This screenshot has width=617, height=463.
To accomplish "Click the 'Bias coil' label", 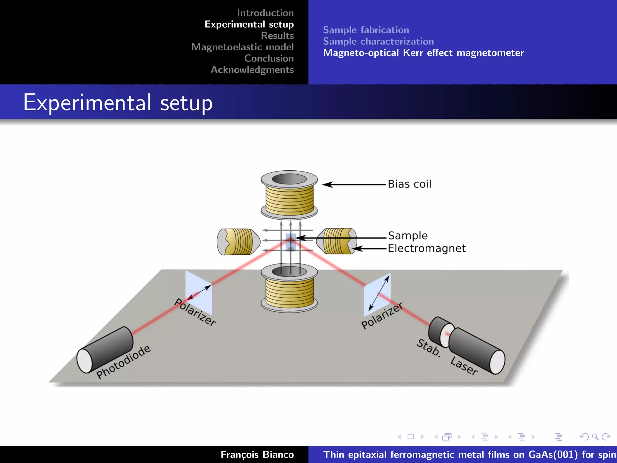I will pos(409,184).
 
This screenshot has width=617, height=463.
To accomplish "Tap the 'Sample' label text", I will pos(408,235).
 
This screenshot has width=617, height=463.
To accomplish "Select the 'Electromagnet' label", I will pos(426,248).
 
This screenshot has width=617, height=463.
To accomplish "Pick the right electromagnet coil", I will pos(337,241).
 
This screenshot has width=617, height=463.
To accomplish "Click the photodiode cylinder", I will pos(105,350).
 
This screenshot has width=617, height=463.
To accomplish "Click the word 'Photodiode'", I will pos(124,362).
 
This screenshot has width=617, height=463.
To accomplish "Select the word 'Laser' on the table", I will pos(464,366).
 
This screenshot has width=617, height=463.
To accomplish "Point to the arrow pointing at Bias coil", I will pos(354,184).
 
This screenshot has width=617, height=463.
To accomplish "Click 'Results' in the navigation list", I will pos(277,36).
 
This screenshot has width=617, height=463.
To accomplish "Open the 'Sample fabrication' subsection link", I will pos(366,30).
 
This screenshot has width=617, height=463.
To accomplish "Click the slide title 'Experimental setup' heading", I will pos(118,103).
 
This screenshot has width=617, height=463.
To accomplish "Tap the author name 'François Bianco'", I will pos(257,454).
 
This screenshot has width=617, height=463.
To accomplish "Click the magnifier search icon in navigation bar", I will pos(595,437).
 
